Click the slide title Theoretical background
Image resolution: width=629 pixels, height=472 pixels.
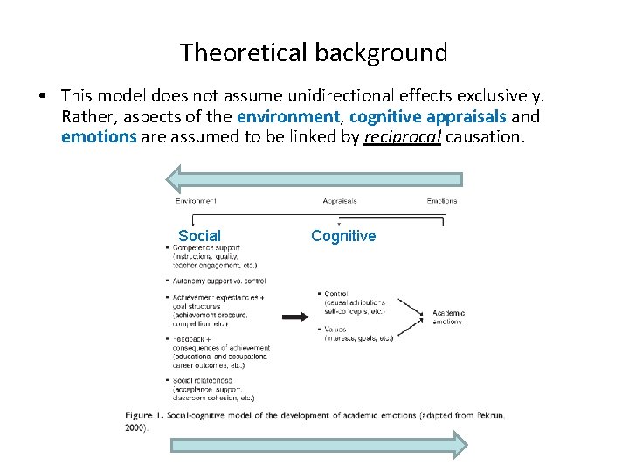pyautogui.click(x=314, y=52)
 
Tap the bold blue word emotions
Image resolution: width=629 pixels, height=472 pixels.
pyautogui.click(x=99, y=137)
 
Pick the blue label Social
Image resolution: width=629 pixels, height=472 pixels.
pyautogui.click(x=199, y=236)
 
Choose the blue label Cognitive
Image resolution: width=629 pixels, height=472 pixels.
pyautogui.click(x=343, y=236)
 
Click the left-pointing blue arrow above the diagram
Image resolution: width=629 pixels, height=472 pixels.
pyautogui.click(x=314, y=178)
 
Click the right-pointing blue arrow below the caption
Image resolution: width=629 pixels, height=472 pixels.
pyautogui.click(x=320, y=444)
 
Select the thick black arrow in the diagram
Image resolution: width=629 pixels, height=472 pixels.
pyautogui.click(x=299, y=316)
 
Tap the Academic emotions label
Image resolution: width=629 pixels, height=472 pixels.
pyautogui.click(x=446, y=316)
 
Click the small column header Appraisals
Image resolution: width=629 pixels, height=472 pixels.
pyautogui.click(x=339, y=201)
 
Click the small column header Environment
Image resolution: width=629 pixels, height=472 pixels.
pyautogui.click(x=196, y=201)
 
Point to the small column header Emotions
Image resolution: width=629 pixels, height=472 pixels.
pyautogui.click(x=441, y=201)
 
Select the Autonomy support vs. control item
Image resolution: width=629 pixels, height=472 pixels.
pyautogui.click(x=218, y=281)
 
